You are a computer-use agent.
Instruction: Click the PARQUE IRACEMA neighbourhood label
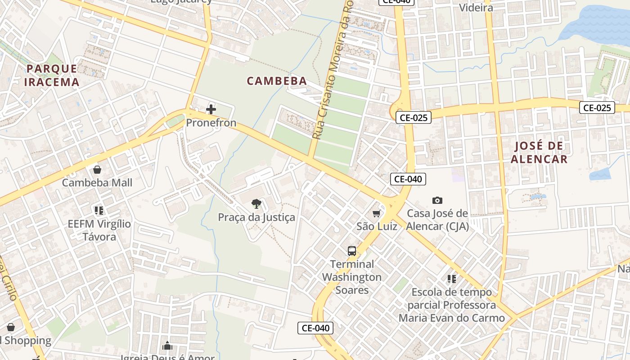coord(52,75)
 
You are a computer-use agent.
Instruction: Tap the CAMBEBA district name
coord(277,81)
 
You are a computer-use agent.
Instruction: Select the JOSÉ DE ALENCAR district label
coord(539,152)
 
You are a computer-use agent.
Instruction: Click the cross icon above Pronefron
coord(211,109)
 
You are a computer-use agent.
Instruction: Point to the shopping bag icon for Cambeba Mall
coord(97,170)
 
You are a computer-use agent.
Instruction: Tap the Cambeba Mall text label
coord(97,183)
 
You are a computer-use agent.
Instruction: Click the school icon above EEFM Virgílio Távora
coord(99,210)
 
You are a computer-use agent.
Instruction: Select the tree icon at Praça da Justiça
coord(256,204)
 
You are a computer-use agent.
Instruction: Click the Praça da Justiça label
coord(256,217)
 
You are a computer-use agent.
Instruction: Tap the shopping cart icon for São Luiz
coord(377,213)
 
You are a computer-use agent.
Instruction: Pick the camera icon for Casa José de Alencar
coord(437,200)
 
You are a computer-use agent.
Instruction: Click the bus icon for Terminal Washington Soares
coord(352,251)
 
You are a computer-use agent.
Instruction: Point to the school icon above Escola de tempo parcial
coord(452,279)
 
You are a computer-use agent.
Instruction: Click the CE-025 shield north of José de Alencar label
coord(597,108)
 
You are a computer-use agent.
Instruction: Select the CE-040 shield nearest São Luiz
coord(408,179)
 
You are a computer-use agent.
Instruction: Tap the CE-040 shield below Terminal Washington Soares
coord(315,328)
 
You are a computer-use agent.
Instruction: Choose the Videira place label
coord(476,8)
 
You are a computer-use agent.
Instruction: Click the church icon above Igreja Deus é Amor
coord(167,346)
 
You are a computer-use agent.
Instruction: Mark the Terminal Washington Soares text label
coord(352,277)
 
